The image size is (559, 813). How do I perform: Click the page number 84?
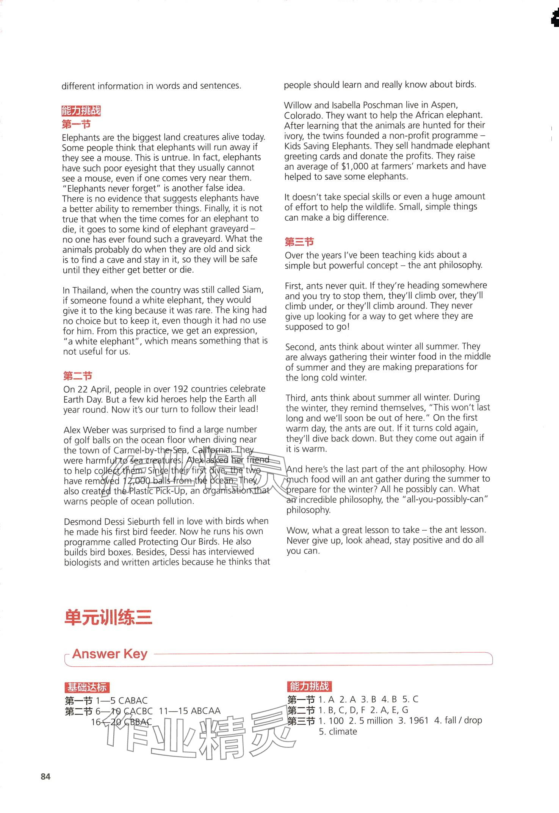point(45,777)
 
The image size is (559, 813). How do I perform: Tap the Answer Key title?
point(110,654)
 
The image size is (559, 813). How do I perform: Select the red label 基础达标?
point(87,687)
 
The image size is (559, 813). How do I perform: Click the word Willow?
point(297,105)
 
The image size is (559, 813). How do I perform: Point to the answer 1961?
point(418,721)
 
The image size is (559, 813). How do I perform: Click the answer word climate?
point(343,732)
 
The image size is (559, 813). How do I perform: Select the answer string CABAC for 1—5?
point(133,700)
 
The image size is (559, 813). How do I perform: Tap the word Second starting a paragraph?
point(301,347)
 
